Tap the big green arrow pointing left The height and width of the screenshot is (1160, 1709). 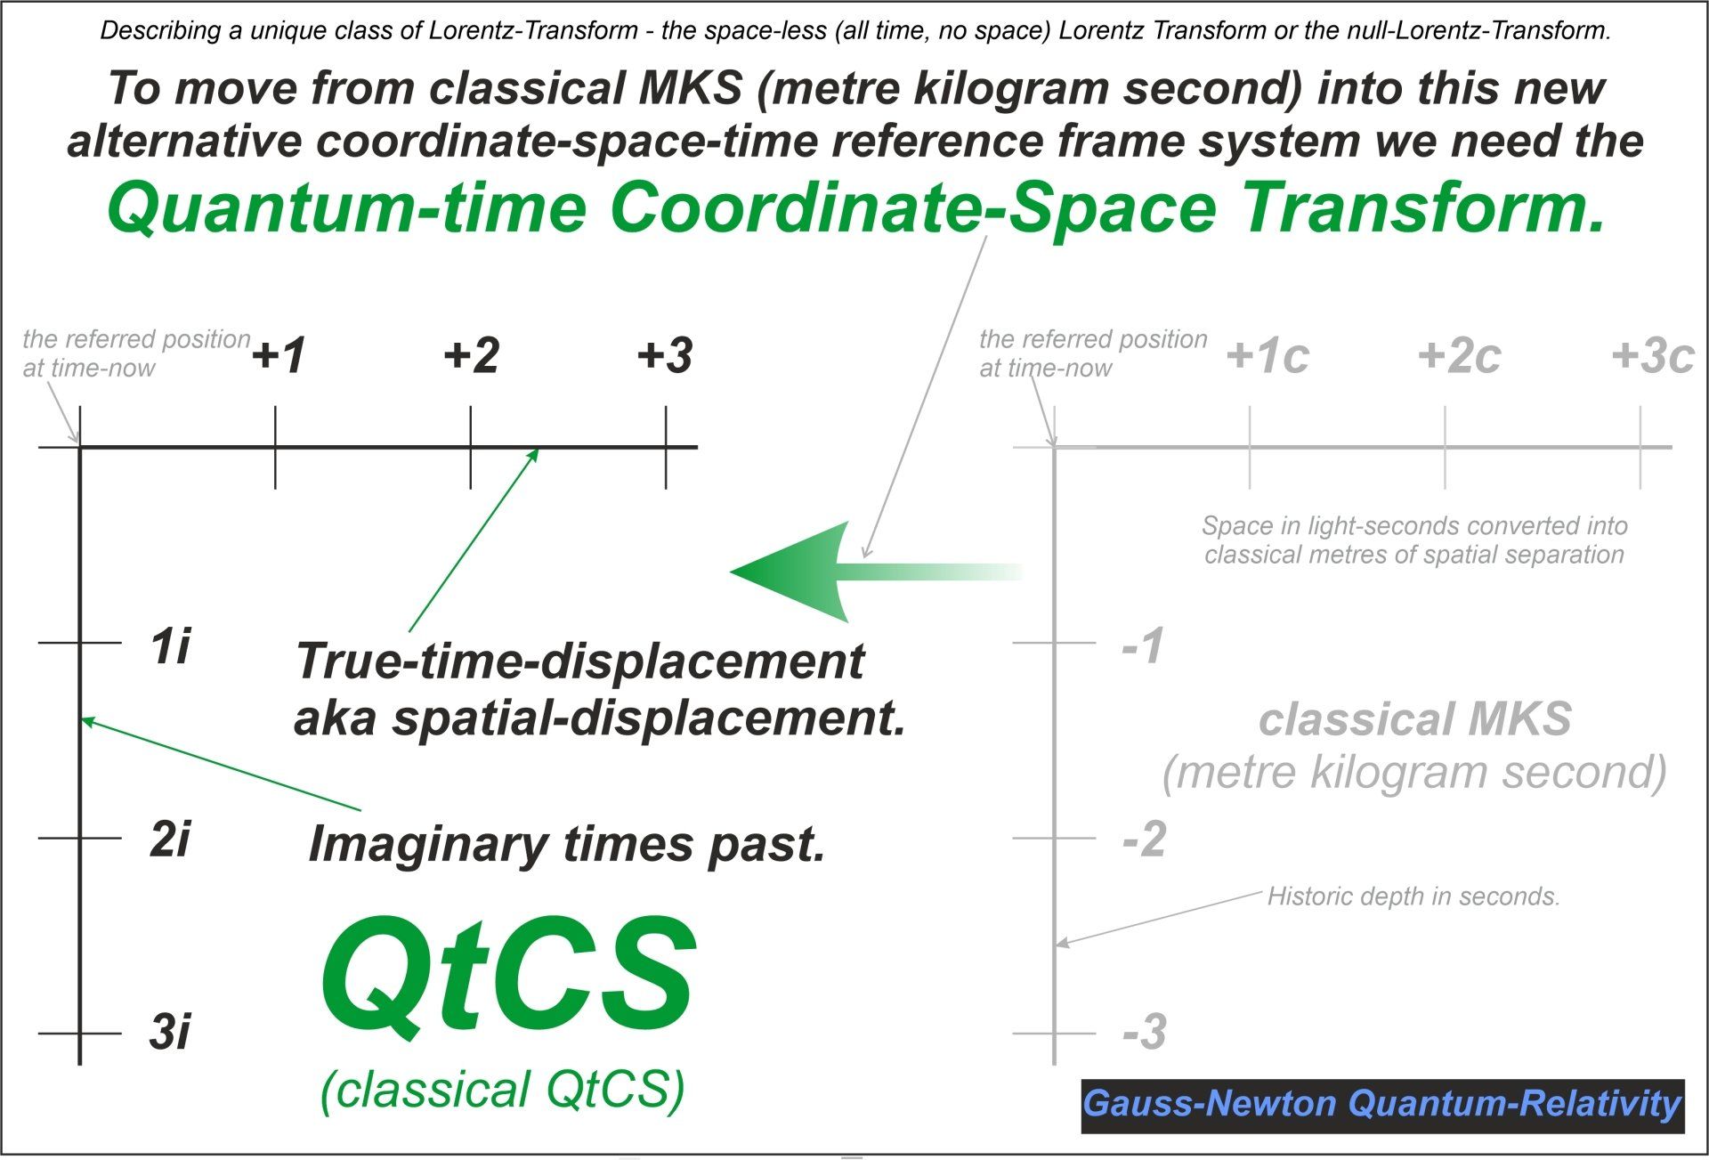(877, 572)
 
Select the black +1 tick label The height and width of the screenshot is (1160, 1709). (279, 355)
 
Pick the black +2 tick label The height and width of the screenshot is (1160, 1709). (472, 355)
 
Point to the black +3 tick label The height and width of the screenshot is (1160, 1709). (665, 355)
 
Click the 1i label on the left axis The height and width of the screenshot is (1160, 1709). (170, 645)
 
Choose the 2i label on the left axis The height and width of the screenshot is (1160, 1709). (170, 840)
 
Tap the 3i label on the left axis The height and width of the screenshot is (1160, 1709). (170, 1033)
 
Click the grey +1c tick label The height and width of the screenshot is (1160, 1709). (1268, 356)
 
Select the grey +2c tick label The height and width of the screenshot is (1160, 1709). (1460, 356)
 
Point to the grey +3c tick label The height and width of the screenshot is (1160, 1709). (1653, 356)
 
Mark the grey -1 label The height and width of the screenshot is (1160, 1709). (1144, 645)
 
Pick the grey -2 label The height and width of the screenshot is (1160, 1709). (1145, 840)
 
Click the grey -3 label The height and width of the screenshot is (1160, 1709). (1145, 1033)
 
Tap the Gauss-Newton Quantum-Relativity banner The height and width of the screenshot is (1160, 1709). (1382, 1106)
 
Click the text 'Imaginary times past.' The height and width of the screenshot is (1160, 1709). (567, 844)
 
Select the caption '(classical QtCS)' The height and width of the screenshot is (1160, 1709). (503, 1091)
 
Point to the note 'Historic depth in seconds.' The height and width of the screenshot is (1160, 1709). (1413, 896)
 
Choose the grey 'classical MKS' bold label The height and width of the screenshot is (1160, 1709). (1415, 719)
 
